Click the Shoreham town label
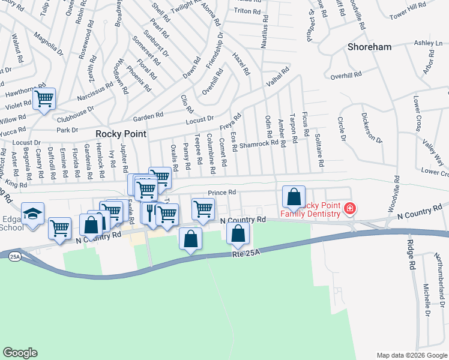pyautogui.click(x=369, y=47)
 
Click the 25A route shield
pyautogui.click(x=14, y=256)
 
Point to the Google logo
pyautogui.click(x=20, y=353)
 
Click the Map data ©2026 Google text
pyautogui.click(x=411, y=355)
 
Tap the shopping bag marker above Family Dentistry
pyautogui.click(x=294, y=196)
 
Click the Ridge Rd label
pyautogui.click(x=411, y=254)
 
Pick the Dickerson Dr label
pyautogui.click(x=372, y=127)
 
